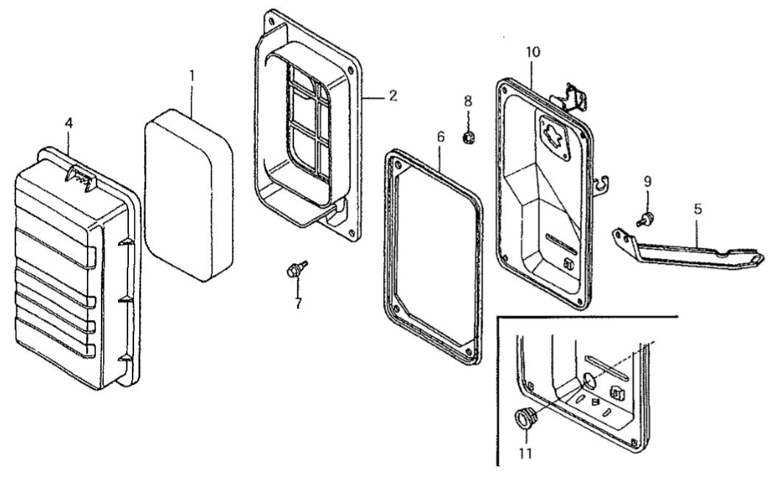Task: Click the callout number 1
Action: tap(192, 76)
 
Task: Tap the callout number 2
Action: tap(393, 96)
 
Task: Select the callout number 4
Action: tap(69, 123)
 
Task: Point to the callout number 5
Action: tap(698, 209)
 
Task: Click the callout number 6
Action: tap(440, 136)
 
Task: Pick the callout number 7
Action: tap(298, 303)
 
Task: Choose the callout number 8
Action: tap(468, 101)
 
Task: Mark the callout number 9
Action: tap(647, 181)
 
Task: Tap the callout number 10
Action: tap(534, 52)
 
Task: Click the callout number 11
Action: tap(525, 453)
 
